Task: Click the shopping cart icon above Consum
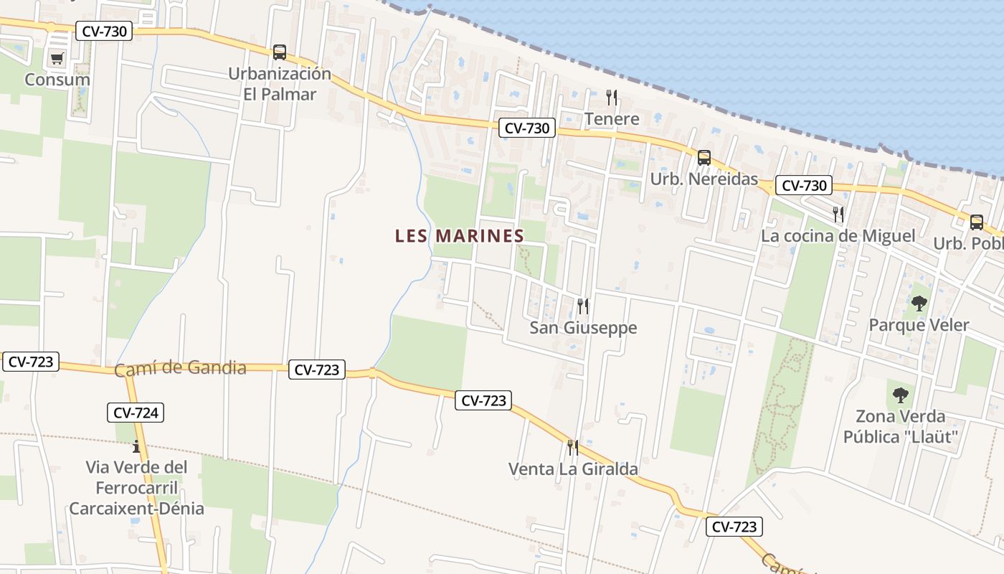pyautogui.click(x=57, y=58)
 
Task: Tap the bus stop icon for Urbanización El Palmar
pyautogui.click(x=279, y=52)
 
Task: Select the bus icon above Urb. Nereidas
pyautogui.click(x=704, y=157)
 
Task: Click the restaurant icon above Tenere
pyautogui.click(x=612, y=97)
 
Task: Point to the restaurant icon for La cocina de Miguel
pyautogui.click(x=838, y=214)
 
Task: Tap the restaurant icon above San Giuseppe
pyautogui.click(x=583, y=306)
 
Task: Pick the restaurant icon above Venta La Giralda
pyautogui.click(x=572, y=448)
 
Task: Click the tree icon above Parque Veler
pyautogui.click(x=919, y=304)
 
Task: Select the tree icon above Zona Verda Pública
pyautogui.click(x=900, y=395)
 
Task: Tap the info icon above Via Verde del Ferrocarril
pyautogui.click(x=136, y=446)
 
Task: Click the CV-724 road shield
pyautogui.click(x=136, y=413)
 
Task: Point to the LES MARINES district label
pyautogui.click(x=460, y=236)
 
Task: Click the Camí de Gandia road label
pyautogui.click(x=180, y=369)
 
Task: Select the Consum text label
pyautogui.click(x=57, y=80)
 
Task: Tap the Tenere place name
pyautogui.click(x=612, y=118)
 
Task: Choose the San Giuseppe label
pyautogui.click(x=583, y=328)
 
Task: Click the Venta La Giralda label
pyautogui.click(x=573, y=469)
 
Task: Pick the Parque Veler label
pyautogui.click(x=919, y=325)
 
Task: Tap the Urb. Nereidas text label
pyautogui.click(x=704, y=179)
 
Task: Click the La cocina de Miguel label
pyautogui.click(x=838, y=236)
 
